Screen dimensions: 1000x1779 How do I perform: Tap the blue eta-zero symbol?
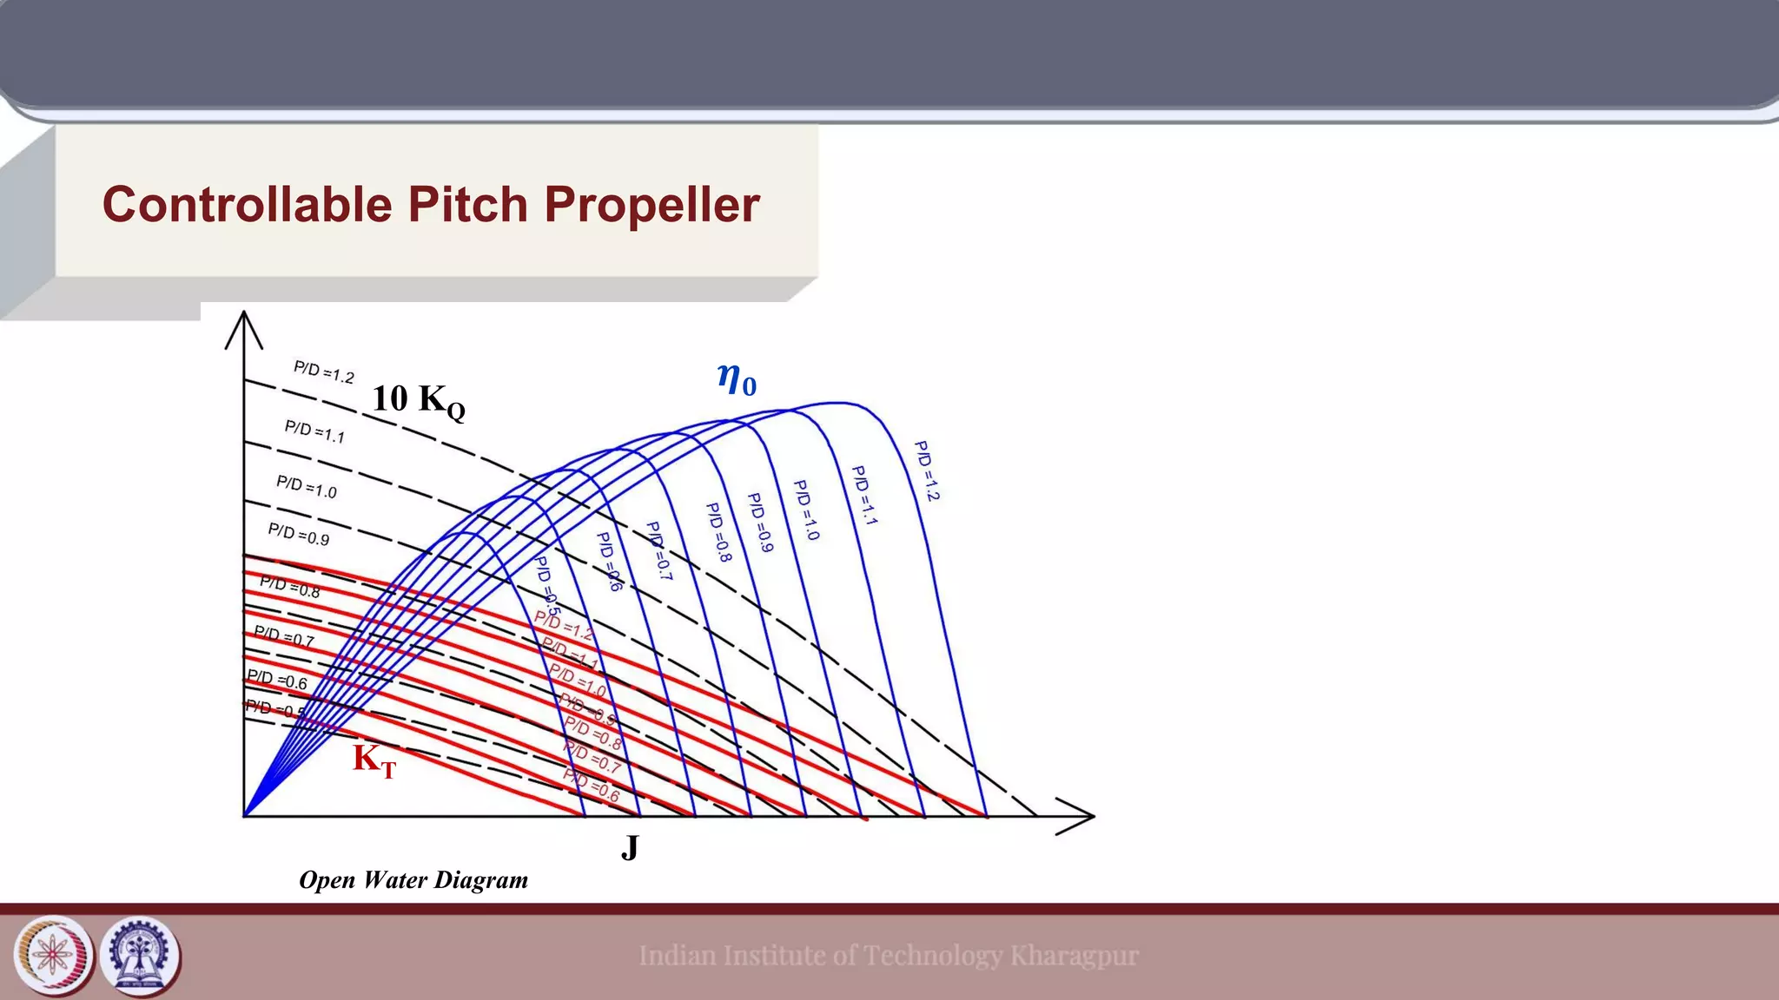point(737,378)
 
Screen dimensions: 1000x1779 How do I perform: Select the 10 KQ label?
point(418,400)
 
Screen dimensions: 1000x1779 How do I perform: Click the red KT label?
point(374,760)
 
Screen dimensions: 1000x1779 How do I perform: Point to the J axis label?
point(630,847)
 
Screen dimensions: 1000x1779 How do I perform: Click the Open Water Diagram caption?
point(413,880)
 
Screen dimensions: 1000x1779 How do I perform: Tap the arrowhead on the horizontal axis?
point(1077,816)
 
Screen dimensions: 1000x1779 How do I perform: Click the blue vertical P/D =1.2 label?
point(927,471)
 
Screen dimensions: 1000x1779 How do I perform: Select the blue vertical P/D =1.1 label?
point(863,496)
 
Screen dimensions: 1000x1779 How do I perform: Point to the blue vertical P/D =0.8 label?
point(718,531)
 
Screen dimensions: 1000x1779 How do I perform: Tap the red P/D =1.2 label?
point(564,624)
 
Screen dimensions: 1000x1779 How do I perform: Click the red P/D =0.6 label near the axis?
point(592,785)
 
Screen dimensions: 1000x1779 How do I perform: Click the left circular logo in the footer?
point(54,956)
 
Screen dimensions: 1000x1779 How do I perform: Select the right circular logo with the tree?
point(139,956)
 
